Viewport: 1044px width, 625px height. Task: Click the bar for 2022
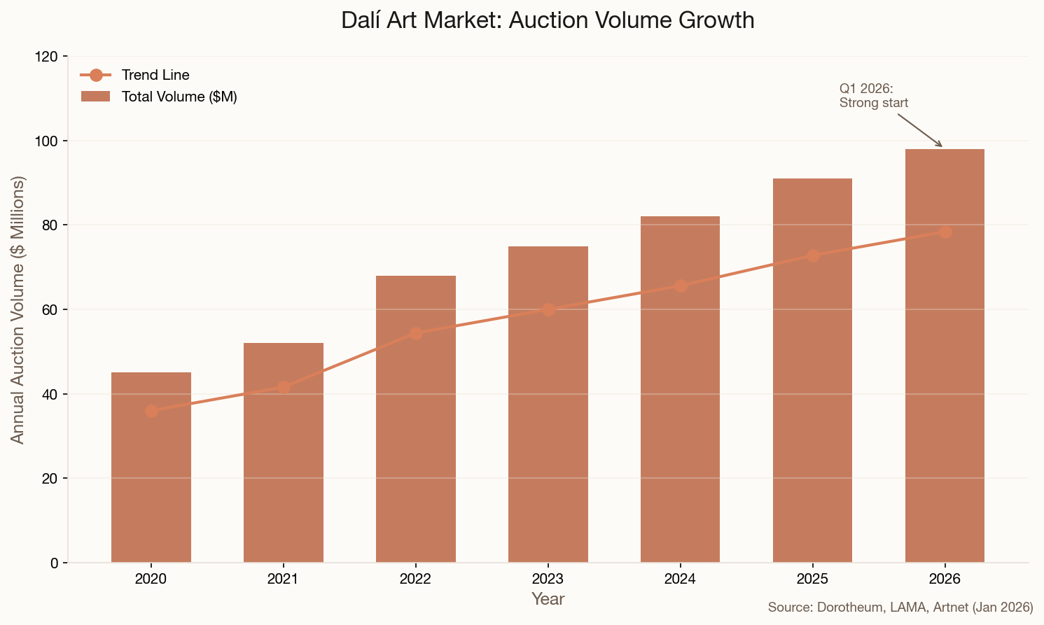(x=416, y=434)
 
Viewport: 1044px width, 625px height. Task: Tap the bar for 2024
(x=680, y=406)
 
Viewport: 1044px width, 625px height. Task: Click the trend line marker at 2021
(x=284, y=387)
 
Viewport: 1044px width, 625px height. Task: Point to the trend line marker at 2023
(x=548, y=309)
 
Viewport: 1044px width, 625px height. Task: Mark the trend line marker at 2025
(x=812, y=255)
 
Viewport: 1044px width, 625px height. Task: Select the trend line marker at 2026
(x=945, y=232)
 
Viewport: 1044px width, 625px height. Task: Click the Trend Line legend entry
(x=155, y=75)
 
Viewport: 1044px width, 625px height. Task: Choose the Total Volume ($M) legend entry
(x=179, y=97)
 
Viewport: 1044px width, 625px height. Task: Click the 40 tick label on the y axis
(x=50, y=394)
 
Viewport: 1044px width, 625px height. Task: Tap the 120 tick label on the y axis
(x=46, y=57)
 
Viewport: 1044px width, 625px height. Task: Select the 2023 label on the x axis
(x=548, y=579)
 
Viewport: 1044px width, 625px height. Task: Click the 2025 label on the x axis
(x=812, y=579)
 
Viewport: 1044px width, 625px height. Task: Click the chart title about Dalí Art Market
(x=548, y=20)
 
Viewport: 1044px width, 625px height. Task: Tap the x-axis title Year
(x=548, y=599)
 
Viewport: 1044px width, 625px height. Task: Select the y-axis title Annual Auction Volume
(x=18, y=309)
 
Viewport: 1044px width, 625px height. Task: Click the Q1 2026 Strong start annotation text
(x=873, y=96)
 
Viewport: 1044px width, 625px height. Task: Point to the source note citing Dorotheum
(x=900, y=608)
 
